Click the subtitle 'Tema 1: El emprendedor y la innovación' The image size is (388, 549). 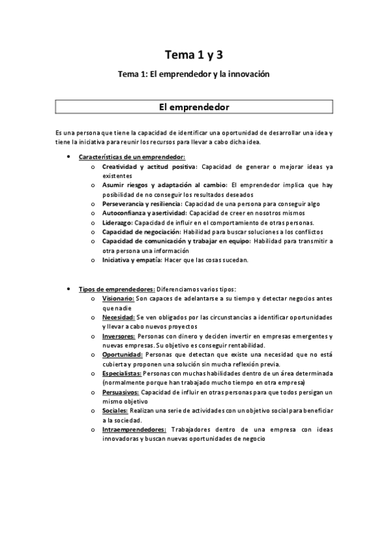pyautogui.click(x=194, y=74)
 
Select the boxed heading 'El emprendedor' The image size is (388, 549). pyautogui.click(x=194, y=106)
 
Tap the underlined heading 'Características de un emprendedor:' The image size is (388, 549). pyautogui.click(x=131, y=157)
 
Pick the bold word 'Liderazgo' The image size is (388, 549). pyautogui.click(x=117, y=222)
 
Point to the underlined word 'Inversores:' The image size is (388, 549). pyautogui.click(x=119, y=336)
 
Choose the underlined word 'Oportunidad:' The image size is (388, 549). pyautogui.click(x=122, y=355)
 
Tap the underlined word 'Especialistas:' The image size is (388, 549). pyautogui.click(x=121, y=374)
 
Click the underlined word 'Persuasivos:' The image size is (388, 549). pyautogui.click(x=120, y=392)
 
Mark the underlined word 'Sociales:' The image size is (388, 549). pyautogui.click(x=115, y=410)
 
